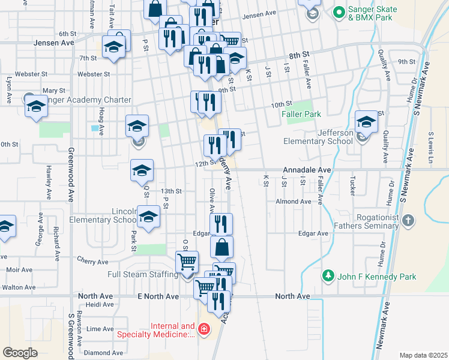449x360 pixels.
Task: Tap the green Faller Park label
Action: point(303,114)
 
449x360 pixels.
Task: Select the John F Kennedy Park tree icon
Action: point(328,276)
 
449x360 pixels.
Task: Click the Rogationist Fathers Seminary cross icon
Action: point(408,219)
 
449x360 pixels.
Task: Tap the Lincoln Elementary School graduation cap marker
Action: point(148,218)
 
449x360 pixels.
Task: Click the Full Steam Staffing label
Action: point(143,274)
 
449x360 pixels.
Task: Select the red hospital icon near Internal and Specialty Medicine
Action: point(203,328)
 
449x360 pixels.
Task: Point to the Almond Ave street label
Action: point(294,202)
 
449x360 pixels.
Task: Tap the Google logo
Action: point(20,352)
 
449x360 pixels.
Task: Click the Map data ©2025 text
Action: point(423,355)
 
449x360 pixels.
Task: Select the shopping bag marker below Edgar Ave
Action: point(221,247)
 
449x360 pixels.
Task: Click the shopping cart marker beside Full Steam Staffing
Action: point(187,262)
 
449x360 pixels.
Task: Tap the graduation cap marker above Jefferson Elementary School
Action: point(366,122)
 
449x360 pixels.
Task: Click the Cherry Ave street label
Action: point(92,261)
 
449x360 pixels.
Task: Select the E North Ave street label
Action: point(158,296)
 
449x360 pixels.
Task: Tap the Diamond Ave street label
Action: point(100,353)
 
